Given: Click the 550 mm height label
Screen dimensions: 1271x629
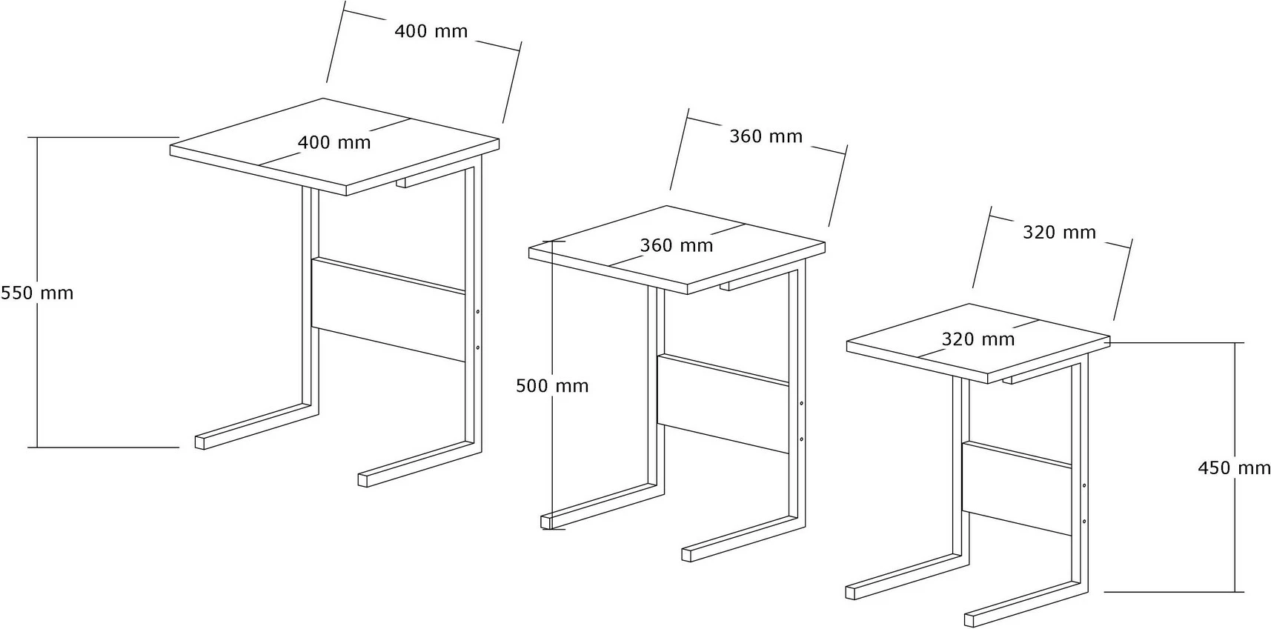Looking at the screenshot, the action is (x=37, y=293).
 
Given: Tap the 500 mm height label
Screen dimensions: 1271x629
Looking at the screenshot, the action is (x=552, y=386).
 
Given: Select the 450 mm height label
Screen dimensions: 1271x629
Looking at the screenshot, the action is (x=1234, y=467).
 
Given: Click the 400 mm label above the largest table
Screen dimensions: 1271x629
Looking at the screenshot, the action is (x=431, y=31).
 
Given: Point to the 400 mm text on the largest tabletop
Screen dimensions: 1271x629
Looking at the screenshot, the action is (x=334, y=142).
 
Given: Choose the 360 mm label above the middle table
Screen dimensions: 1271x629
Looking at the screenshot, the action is (x=766, y=136).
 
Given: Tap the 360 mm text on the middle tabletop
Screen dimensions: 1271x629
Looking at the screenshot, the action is (x=677, y=245).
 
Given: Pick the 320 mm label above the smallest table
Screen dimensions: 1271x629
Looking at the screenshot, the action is (x=1059, y=232).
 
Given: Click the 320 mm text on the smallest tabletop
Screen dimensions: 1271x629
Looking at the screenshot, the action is (x=978, y=339).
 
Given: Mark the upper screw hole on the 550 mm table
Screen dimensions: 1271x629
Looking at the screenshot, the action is (x=478, y=312).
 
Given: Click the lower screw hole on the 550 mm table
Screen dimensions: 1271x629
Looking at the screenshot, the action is (x=478, y=347).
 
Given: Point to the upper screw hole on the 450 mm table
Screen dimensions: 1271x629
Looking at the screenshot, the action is (x=1084, y=485).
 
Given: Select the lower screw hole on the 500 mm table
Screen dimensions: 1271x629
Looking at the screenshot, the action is (x=802, y=439).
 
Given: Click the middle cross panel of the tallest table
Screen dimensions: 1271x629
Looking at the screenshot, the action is (x=388, y=310).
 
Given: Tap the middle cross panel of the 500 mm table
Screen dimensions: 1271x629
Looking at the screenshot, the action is (x=723, y=404).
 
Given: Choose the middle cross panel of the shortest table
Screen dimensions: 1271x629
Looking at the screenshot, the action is (x=1017, y=489).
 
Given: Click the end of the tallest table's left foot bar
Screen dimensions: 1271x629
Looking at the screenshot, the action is (x=199, y=442).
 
